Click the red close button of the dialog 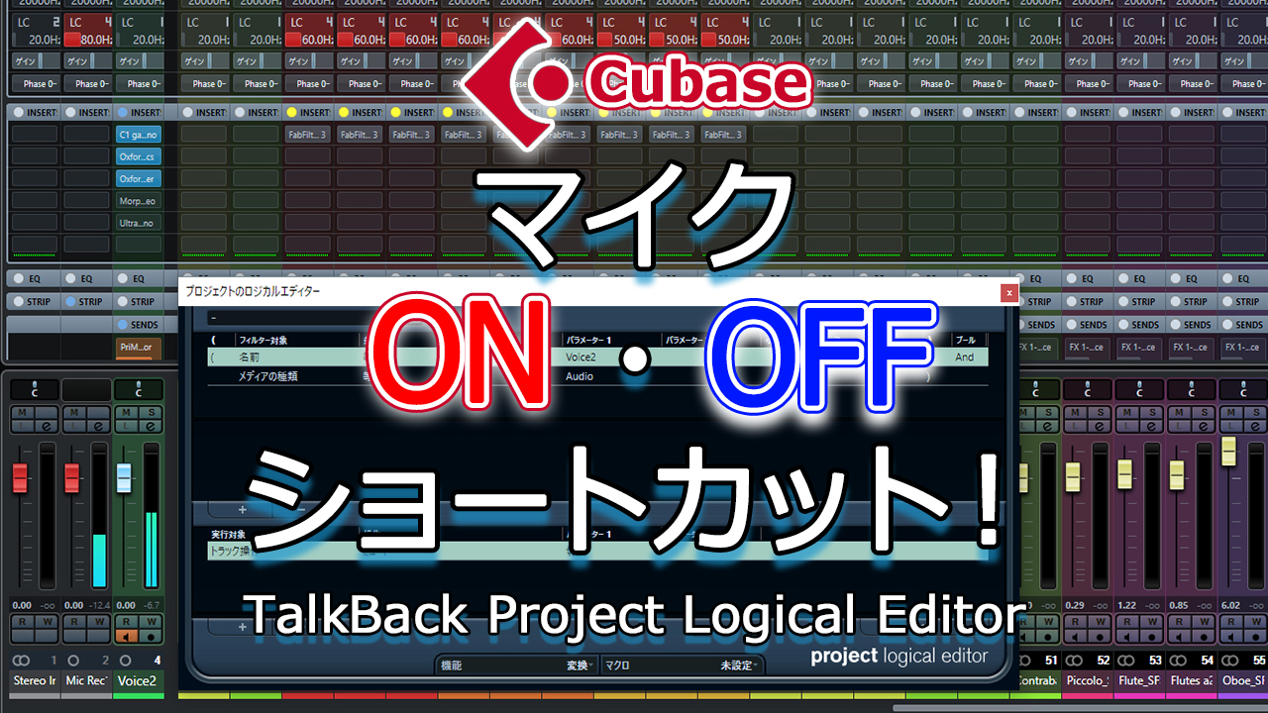pos(1008,292)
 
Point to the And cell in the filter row pos(965,357)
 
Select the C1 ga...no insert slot pos(138,134)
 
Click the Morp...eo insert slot pos(138,201)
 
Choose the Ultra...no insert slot pos(138,224)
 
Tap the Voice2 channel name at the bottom pos(137,681)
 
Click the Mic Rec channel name pos(85,681)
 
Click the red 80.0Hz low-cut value pos(87,40)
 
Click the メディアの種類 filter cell pos(268,376)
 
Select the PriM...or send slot pos(136,347)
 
